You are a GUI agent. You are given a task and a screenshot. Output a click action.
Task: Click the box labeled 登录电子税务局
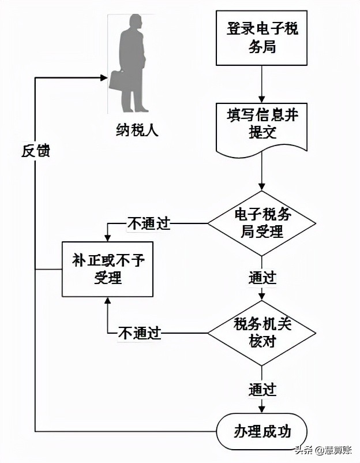point(262,38)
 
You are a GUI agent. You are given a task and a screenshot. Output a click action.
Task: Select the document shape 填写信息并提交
point(262,126)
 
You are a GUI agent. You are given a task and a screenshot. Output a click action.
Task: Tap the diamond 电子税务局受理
point(262,223)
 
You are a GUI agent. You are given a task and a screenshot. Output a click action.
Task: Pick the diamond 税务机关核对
point(262,333)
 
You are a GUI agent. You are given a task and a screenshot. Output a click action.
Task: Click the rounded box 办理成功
point(262,431)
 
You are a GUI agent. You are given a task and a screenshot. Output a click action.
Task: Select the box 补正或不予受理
point(107,269)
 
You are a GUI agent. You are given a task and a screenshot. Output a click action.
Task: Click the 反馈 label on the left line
point(36,151)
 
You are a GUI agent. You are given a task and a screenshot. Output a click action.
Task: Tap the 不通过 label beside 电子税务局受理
point(148,224)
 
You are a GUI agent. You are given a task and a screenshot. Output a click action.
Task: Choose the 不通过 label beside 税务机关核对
point(140,333)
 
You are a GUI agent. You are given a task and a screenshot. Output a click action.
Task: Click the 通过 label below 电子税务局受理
point(262,277)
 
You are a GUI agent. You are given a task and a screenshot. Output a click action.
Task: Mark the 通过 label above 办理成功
point(262,388)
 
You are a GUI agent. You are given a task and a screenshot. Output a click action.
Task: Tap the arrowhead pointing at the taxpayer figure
point(104,77)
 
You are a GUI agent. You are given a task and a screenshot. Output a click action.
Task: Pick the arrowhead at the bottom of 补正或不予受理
point(107,301)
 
